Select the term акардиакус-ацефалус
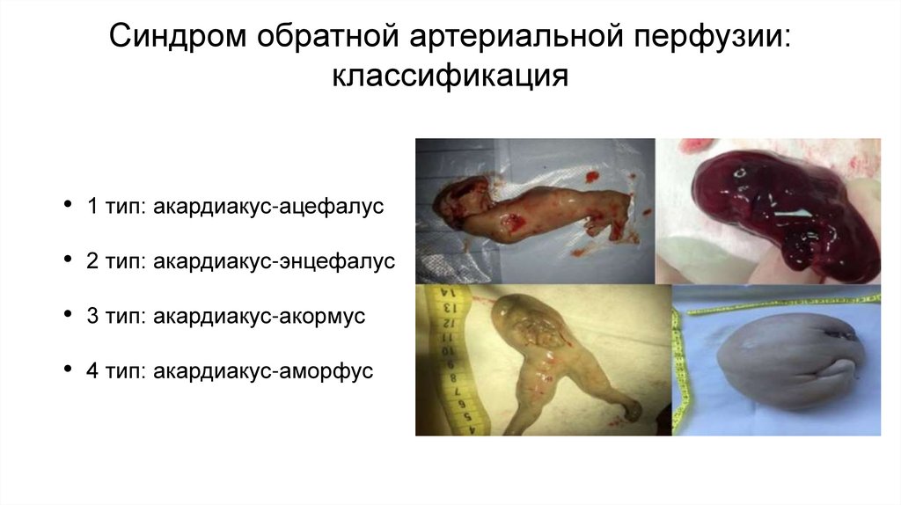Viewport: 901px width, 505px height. pyautogui.click(x=269, y=207)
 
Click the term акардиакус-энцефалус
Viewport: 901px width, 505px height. pyautogui.click(x=274, y=261)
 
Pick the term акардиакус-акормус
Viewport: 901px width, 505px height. pyautogui.click(x=259, y=317)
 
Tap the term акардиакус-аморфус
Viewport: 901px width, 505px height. pyautogui.click(x=263, y=371)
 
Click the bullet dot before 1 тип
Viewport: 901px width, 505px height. pyautogui.click(x=69, y=207)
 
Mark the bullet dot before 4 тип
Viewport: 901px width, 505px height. pyautogui.click(x=69, y=371)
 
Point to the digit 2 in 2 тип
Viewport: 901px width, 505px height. pyautogui.click(x=92, y=261)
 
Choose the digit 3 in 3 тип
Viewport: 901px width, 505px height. pyautogui.click(x=92, y=317)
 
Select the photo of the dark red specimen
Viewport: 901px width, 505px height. pyautogui.click(x=768, y=211)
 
